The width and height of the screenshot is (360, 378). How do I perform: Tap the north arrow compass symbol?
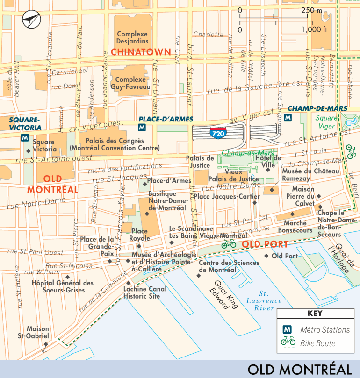tap(31, 20)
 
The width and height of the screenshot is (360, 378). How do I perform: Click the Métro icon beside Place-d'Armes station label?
tap(142, 128)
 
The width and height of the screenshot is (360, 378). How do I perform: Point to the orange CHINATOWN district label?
tap(141, 51)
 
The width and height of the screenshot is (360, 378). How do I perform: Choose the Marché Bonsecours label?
tap(295, 227)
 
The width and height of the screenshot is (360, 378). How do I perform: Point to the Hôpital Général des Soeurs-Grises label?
tap(62, 286)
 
